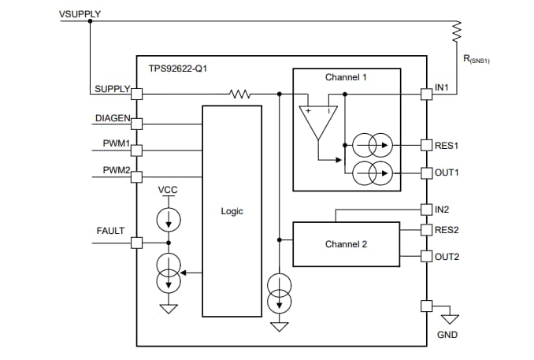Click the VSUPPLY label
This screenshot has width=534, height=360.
pos(80,14)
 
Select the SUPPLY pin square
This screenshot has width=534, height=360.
pos(136,94)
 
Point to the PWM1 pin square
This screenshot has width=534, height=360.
pos(136,149)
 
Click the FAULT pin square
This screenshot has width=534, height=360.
pos(136,243)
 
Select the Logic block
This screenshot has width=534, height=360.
pos(232,210)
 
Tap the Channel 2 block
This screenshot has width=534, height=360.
pos(346,243)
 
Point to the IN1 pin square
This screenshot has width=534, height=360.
pos(426,94)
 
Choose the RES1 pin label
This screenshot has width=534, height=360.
pos(447,146)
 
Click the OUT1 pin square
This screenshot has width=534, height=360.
pos(426,172)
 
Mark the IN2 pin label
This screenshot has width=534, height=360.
pos(442,210)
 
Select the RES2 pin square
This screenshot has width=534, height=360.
pos(426,230)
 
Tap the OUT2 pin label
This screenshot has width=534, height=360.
pos(447,256)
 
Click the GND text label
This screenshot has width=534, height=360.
pos(447,335)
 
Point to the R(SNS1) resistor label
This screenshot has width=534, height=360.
pos(475,59)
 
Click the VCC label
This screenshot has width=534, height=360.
pos(168,190)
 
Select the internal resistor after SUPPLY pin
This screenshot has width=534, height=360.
pos(240,94)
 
